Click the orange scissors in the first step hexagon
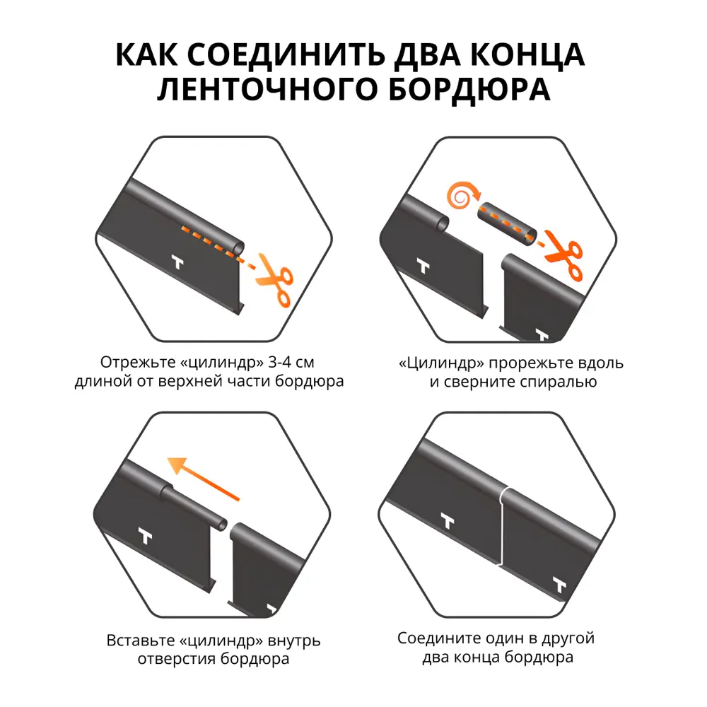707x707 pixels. tap(274, 281)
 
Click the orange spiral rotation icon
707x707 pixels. tap(460, 198)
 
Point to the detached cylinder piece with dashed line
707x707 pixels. tap(508, 224)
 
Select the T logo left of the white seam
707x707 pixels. tap(447, 522)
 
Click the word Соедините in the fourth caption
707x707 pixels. tap(434, 638)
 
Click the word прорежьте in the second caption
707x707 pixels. tap(519, 363)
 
